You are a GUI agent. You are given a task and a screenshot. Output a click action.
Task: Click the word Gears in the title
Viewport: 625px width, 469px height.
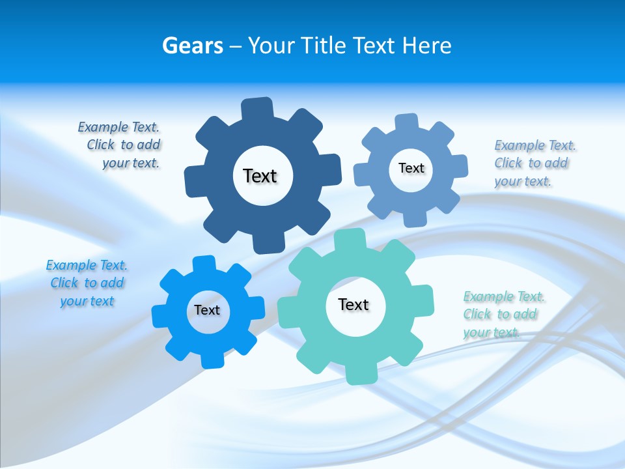(193, 46)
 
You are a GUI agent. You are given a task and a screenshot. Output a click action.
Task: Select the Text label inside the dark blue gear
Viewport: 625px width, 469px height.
(260, 176)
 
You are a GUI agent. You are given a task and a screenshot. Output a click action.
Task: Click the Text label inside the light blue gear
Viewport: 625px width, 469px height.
(411, 168)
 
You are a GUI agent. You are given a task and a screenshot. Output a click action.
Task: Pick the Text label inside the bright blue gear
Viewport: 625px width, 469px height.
(207, 310)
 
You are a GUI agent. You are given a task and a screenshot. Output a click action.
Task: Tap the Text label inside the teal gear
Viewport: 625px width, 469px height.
(354, 304)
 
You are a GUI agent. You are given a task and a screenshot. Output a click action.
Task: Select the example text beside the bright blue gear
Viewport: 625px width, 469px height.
(87, 283)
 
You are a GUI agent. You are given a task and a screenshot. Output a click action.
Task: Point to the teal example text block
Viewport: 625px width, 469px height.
(503, 314)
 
